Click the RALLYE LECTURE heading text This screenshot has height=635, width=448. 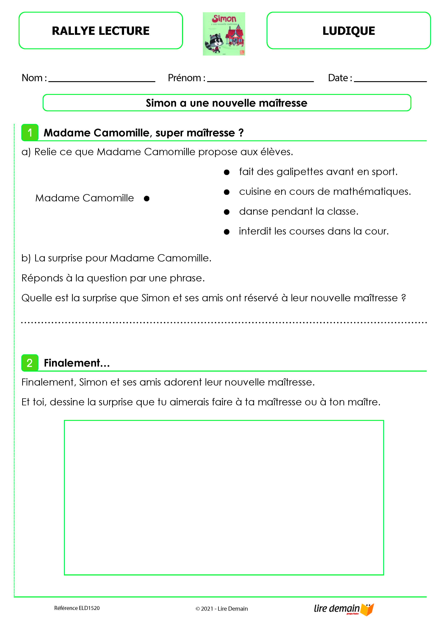click(101, 31)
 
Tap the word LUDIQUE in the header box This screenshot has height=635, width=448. click(349, 31)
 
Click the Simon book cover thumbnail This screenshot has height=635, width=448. click(224, 34)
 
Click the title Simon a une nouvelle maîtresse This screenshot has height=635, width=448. click(226, 103)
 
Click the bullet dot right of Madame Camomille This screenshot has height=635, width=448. click(147, 198)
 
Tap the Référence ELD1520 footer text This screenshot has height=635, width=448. click(77, 608)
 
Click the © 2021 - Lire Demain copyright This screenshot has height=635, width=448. click(222, 609)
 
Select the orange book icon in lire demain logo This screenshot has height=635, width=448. click(367, 609)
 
